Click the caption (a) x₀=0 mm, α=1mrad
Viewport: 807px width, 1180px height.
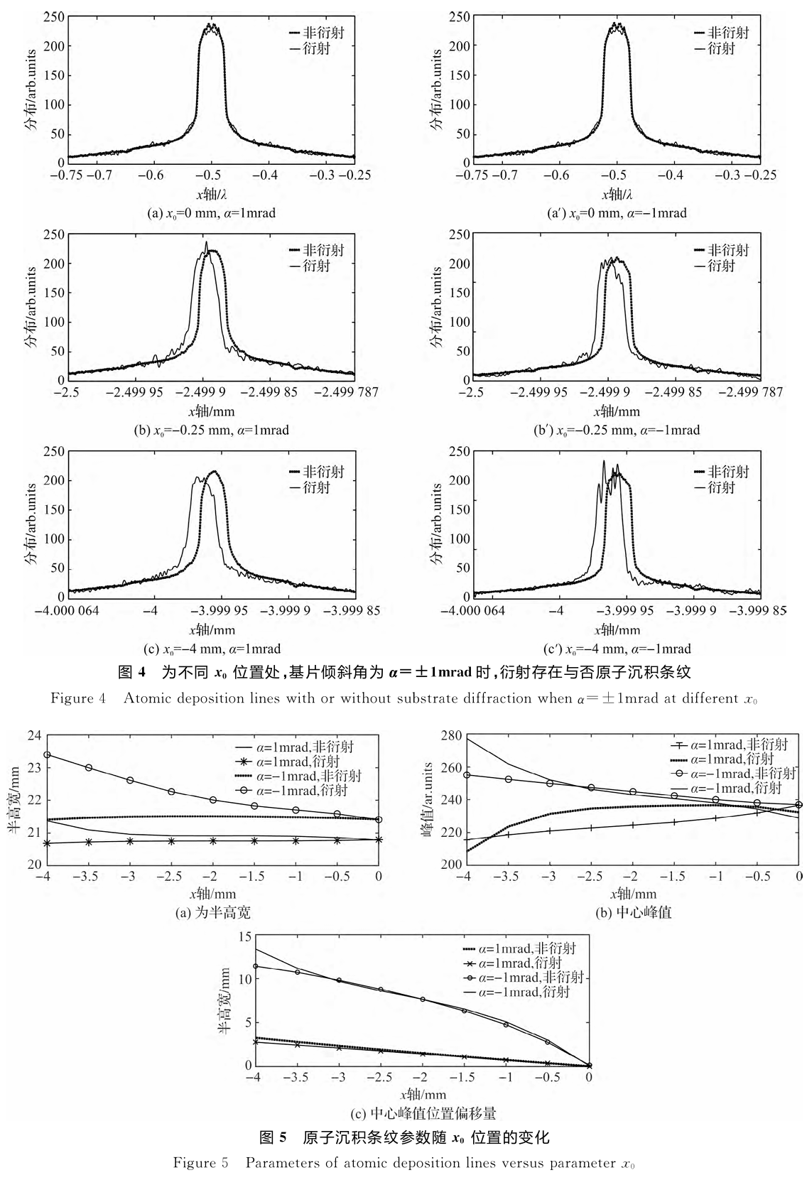[211, 212]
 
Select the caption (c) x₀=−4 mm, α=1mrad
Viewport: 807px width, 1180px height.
[211, 648]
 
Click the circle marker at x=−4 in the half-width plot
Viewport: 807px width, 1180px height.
[47, 754]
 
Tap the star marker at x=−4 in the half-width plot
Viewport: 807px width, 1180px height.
[47, 843]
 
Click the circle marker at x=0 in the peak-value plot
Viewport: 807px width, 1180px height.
[799, 805]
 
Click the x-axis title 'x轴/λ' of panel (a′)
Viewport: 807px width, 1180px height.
[617, 194]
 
